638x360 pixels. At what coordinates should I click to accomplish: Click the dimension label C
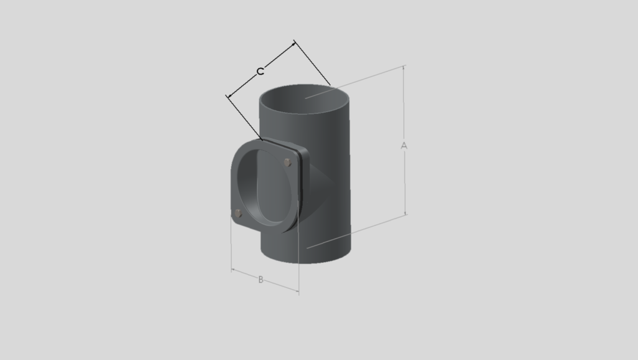(x=260, y=72)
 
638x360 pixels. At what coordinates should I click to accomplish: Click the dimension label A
(x=404, y=146)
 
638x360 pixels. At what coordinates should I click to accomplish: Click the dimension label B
(x=261, y=280)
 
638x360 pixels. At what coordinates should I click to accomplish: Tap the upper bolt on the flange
(x=287, y=163)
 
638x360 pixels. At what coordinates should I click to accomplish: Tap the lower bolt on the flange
(x=239, y=213)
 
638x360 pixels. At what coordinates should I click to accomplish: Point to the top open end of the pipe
(x=304, y=99)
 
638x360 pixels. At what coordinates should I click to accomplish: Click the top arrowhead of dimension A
(x=404, y=69)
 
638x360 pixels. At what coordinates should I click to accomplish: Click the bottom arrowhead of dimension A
(x=405, y=212)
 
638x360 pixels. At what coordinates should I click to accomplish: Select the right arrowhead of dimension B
(x=296, y=290)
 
